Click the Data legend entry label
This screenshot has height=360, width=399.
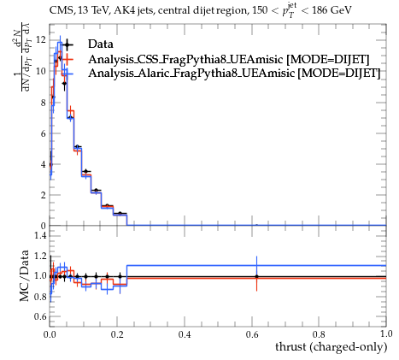(x=101, y=44)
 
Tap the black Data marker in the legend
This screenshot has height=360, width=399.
(x=67, y=44)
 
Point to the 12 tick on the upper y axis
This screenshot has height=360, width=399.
(x=41, y=40)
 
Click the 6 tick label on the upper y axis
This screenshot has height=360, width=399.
(x=44, y=133)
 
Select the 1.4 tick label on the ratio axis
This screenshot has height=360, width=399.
(x=40, y=235)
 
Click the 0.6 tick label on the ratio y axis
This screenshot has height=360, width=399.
(x=40, y=316)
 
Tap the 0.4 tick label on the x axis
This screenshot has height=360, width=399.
(x=185, y=333)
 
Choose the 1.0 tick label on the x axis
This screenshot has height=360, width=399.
(x=386, y=333)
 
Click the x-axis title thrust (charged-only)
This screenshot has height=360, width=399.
(x=332, y=347)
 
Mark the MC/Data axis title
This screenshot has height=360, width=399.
(x=25, y=275)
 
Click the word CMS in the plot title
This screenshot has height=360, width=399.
(x=59, y=10)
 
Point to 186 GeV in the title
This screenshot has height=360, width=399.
(x=332, y=10)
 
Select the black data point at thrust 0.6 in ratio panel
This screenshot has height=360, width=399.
(x=256, y=276)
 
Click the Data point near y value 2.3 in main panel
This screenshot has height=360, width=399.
(x=97, y=190)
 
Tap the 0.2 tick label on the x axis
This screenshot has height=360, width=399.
(x=117, y=333)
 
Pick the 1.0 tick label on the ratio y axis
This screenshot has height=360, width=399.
(x=40, y=275)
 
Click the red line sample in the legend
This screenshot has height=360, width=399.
(x=67, y=59)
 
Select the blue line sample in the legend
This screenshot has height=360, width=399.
(x=67, y=73)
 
